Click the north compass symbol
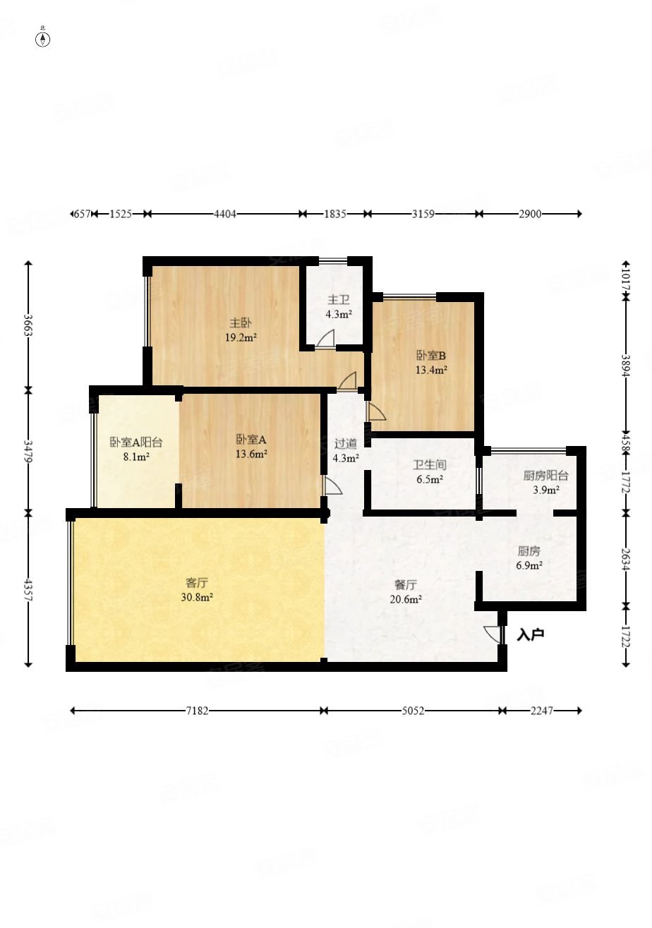[x=42, y=39]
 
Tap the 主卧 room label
[x=241, y=323]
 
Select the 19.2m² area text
[x=241, y=337]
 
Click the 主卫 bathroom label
[x=339, y=299]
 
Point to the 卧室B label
[x=431, y=356]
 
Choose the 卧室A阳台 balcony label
[x=136, y=442]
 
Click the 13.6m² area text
[x=251, y=454]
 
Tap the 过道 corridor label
[x=346, y=444]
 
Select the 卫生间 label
[x=429, y=465]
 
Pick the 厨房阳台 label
[x=545, y=476]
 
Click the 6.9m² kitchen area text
[x=529, y=565]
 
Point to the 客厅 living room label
[x=197, y=583]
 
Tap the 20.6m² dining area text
[x=406, y=598]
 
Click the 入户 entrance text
[x=530, y=634]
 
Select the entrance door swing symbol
[x=493, y=634]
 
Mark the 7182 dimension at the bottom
[x=197, y=711]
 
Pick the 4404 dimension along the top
[x=225, y=214]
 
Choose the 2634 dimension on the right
[x=625, y=560]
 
